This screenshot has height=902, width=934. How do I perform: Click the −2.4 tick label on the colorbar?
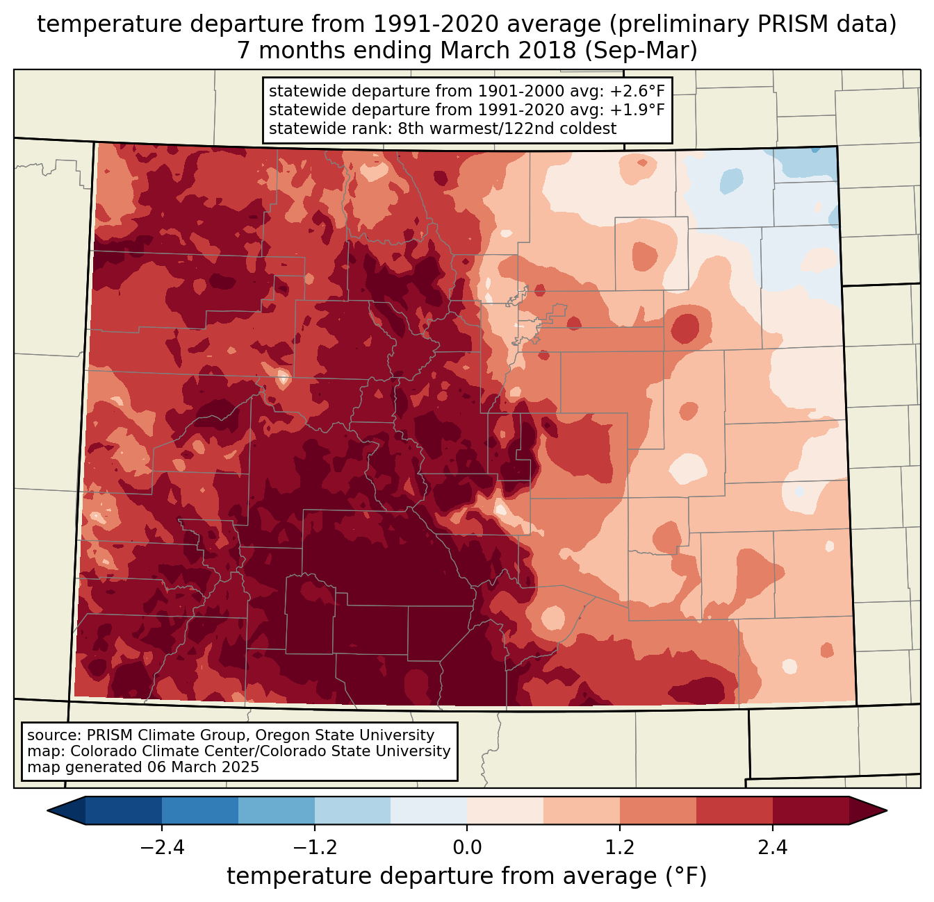tap(161, 848)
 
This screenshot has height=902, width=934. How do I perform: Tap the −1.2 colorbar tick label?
tap(314, 848)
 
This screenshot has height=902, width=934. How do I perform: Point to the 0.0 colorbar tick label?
tap(467, 848)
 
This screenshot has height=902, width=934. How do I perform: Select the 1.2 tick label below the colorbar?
tap(620, 848)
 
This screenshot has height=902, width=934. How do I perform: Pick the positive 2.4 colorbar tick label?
tap(773, 848)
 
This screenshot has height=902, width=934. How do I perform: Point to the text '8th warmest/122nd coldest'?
tap(507, 128)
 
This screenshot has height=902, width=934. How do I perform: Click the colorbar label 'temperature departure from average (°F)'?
tap(467, 876)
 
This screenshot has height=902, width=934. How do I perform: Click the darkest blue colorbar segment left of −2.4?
tap(124, 810)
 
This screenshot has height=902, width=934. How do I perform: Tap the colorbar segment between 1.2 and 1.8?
tap(658, 810)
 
